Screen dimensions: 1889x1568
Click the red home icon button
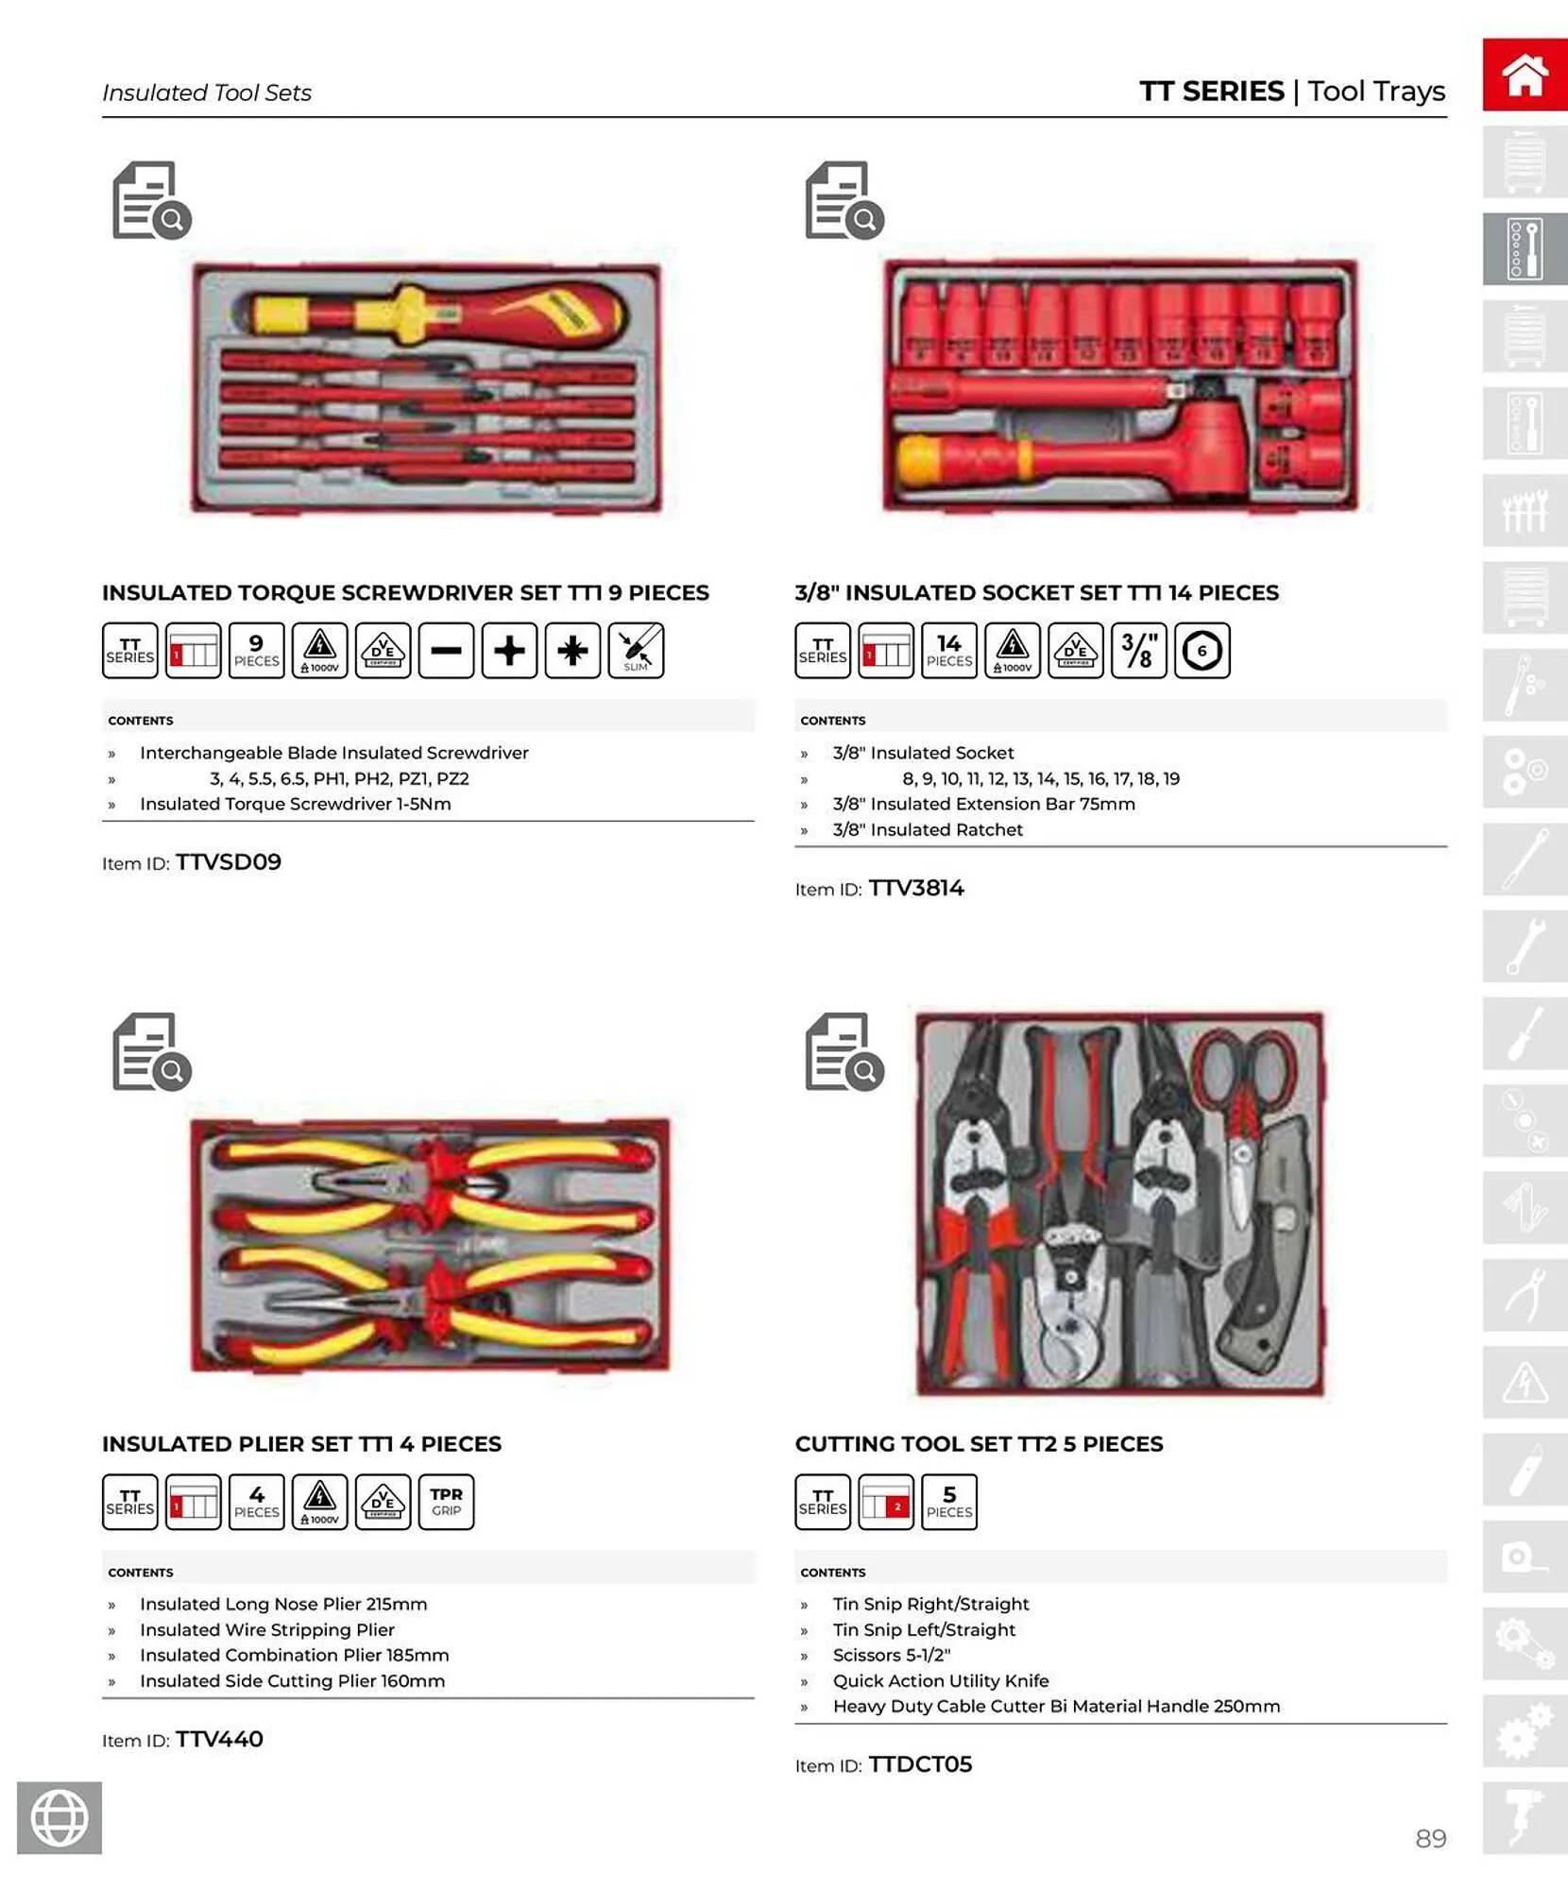click(1524, 75)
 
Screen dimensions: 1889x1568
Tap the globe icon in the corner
click(60, 1817)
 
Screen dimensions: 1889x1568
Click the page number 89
click(1430, 1838)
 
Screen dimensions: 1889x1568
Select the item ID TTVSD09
click(228, 862)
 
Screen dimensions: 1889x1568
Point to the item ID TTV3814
click(915, 888)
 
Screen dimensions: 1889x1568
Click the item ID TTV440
click(219, 1739)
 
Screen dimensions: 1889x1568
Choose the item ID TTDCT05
click(919, 1764)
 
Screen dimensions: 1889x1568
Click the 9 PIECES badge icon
click(256, 651)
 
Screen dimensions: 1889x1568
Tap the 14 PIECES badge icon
click(948, 651)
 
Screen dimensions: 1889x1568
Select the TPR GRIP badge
click(446, 1502)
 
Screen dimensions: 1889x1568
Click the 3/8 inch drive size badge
click(1138, 651)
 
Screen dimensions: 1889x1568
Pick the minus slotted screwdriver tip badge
click(446, 651)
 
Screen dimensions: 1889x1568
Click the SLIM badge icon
click(636, 651)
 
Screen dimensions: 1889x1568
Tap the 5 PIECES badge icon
click(948, 1502)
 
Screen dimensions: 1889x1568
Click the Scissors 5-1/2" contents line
click(891, 1655)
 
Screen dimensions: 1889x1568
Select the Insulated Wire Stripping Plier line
click(266, 1629)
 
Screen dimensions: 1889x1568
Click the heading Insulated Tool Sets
click(206, 93)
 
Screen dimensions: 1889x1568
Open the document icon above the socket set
click(843, 201)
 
